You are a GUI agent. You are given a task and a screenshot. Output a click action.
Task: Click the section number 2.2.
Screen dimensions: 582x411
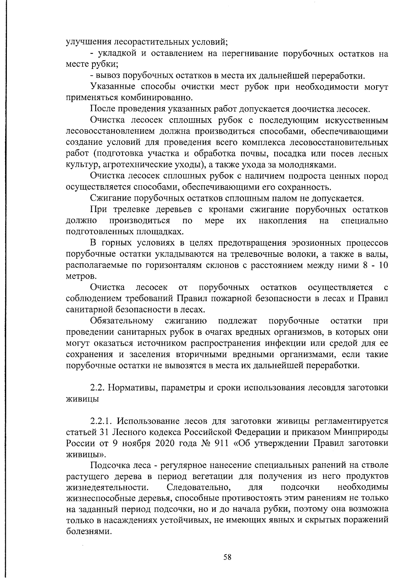(97, 388)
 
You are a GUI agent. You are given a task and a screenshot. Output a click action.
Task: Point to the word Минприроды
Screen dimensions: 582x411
(364, 432)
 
